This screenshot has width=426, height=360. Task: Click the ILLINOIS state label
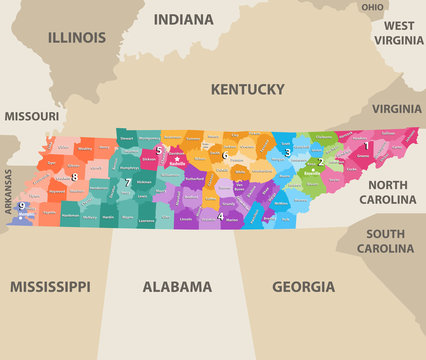76,38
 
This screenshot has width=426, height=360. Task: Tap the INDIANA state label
183,19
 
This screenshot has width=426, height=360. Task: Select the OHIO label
372,7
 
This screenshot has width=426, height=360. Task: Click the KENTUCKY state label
247,89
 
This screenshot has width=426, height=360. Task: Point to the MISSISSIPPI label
50,286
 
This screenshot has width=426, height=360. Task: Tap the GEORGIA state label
304,286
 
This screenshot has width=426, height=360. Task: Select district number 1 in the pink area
367,146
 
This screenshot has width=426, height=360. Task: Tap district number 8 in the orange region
74,177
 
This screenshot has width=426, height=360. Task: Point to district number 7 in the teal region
127,182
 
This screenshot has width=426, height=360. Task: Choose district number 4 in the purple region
221,215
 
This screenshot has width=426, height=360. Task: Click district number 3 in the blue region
287,153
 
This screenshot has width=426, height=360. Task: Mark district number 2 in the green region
320,161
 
